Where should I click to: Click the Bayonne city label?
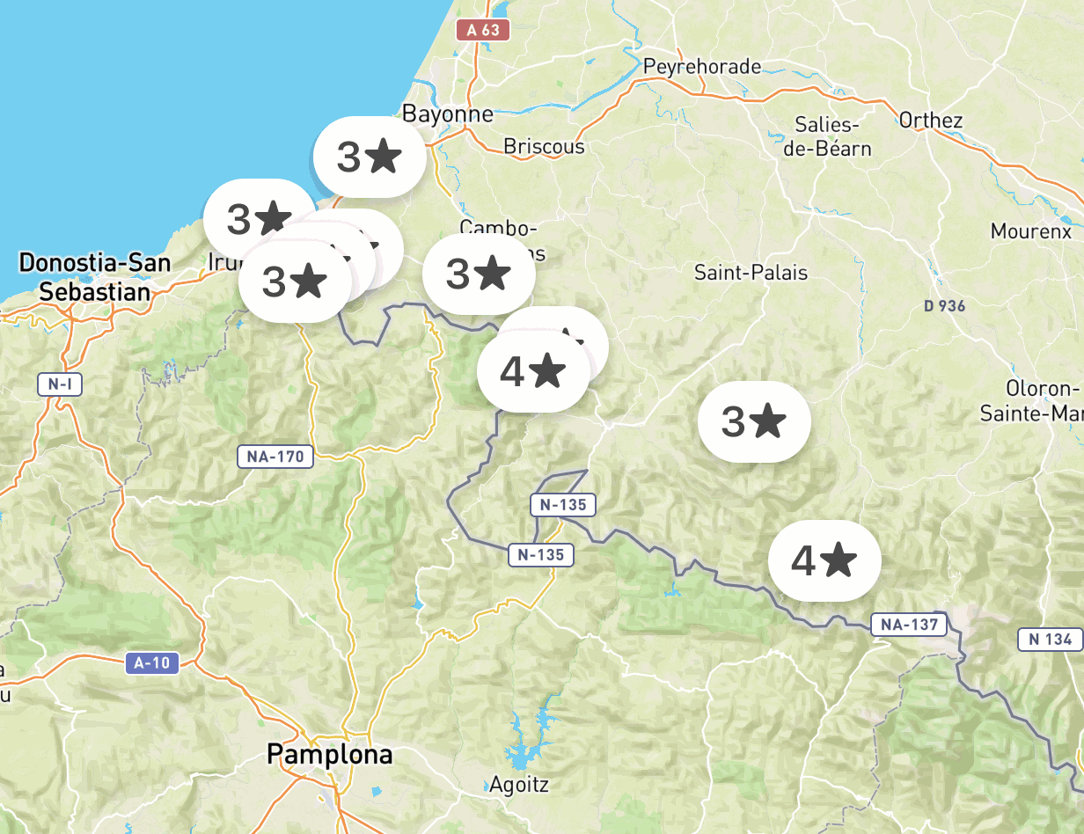[447, 113]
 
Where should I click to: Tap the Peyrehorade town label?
[701, 67]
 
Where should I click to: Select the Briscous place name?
[544, 146]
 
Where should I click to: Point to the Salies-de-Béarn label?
[827, 135]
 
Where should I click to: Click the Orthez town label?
[931, 121]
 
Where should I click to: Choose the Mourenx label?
[1031, 231]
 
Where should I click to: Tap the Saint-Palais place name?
[751, 273]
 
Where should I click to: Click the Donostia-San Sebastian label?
[95, 276]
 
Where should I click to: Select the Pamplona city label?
[329, 754]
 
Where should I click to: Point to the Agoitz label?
[519, 784]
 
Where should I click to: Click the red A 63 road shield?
[483, 30]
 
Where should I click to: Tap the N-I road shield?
[60, 384]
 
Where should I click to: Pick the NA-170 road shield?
[276, 457]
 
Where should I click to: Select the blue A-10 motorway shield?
[153, 662]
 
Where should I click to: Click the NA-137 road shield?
[909, 625]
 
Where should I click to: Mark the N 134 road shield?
[1051, 640]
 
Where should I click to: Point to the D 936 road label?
[945, 306]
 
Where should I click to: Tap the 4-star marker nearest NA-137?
[824, 560]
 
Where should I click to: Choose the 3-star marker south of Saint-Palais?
[754, 422]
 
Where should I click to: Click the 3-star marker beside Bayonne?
[370, 157]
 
